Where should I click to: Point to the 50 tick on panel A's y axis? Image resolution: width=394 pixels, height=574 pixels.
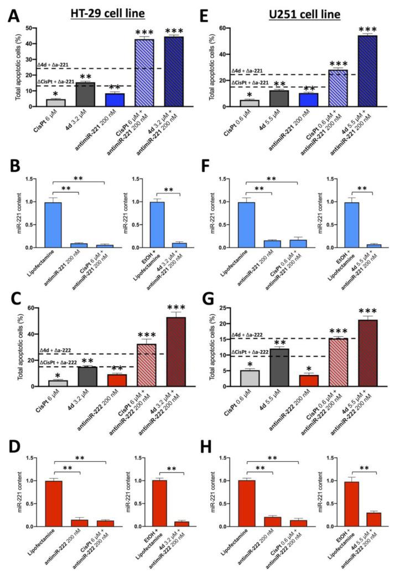tap(29, 28)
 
